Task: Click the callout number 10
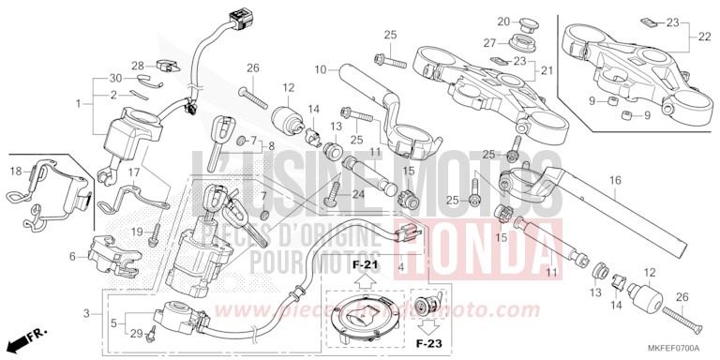pos(320,69)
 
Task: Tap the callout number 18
pos(16,172)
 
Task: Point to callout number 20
pos(502,21)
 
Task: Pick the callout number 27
pos(489,43)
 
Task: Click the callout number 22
pos(705,37)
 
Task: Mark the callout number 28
pos(138,65)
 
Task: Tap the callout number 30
pos(115,78)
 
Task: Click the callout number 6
pos(73,256)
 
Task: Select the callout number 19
pos(136,232)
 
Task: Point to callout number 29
pos(136,334)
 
